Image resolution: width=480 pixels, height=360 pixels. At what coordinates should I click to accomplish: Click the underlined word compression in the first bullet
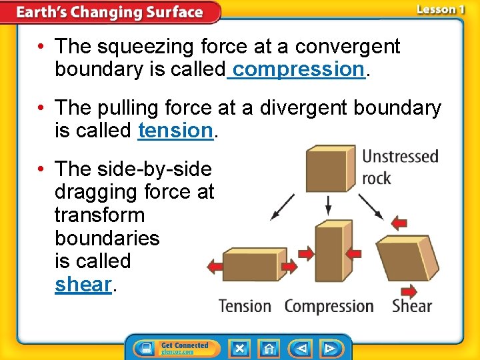pos(297,69)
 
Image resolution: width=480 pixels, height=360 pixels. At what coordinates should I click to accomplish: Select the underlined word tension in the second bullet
pos(175,131)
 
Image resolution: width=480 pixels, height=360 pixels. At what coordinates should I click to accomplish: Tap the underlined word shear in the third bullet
pos(83,284)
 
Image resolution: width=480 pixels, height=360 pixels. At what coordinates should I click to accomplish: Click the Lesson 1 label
pos(440,9)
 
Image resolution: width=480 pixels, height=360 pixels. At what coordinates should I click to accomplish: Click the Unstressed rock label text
pos(400,167)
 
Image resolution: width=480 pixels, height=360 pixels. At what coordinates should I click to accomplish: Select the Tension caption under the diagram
pos(245,306)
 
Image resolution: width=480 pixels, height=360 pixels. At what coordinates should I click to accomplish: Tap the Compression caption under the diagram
pos(329,306)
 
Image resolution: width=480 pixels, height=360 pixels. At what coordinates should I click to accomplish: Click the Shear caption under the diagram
pos(411,306)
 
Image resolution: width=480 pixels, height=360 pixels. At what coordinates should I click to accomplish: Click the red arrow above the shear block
pos(399,222)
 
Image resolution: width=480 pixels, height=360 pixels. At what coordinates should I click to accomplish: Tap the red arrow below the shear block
pos(408,291)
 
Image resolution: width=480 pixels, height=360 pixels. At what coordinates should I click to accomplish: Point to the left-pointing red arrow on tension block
pos(215,267)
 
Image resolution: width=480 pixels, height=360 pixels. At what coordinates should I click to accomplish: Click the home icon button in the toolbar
pos(269,349)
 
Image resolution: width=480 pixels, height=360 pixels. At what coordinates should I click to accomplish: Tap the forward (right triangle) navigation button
pos(329,349)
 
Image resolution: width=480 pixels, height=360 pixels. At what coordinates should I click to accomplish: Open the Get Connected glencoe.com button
pos(176,349)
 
